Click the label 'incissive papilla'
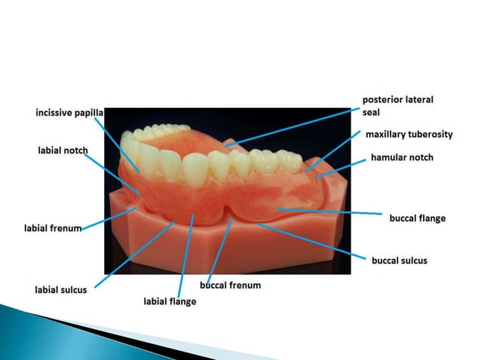tap(69, 113)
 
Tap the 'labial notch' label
tap(63, 151)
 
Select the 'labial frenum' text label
tap(52, 227)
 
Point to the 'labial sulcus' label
tap(61, 288)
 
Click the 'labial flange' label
tap(170, 301)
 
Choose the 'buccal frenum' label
tap(230, 285)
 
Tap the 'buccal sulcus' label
tap(400, 261)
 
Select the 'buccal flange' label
tap(417, 218)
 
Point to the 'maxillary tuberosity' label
tap(409, 135)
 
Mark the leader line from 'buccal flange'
tap(332, 212)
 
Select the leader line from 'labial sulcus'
tap(136, 252)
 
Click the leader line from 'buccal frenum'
tap(219, 252)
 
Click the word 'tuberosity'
tap(431, 135)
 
